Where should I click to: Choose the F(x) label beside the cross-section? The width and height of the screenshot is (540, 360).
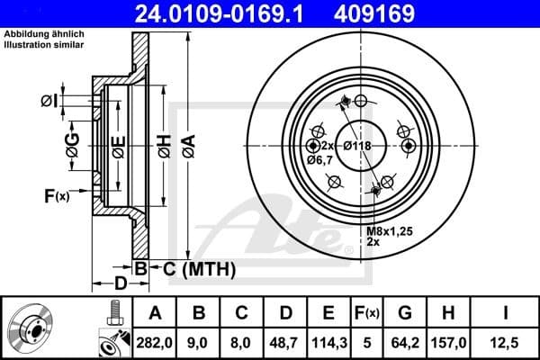(x=56, y=194)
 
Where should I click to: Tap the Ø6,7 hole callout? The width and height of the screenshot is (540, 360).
(x=319, y=160)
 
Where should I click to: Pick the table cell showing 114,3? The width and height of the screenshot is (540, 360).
(x=328, y=342)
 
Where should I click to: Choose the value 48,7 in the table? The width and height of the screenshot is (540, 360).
(x=285, y=342)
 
